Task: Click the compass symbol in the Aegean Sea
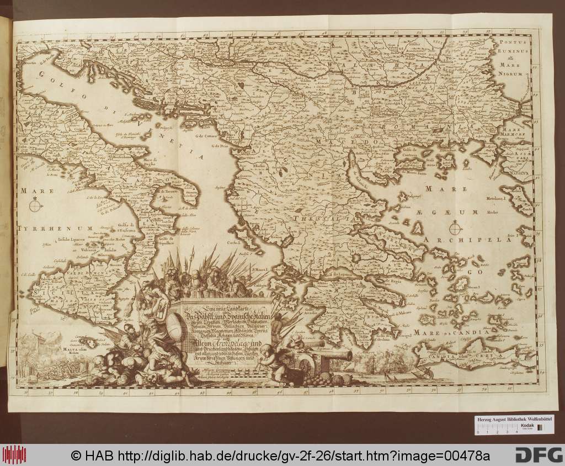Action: coord(455,226)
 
